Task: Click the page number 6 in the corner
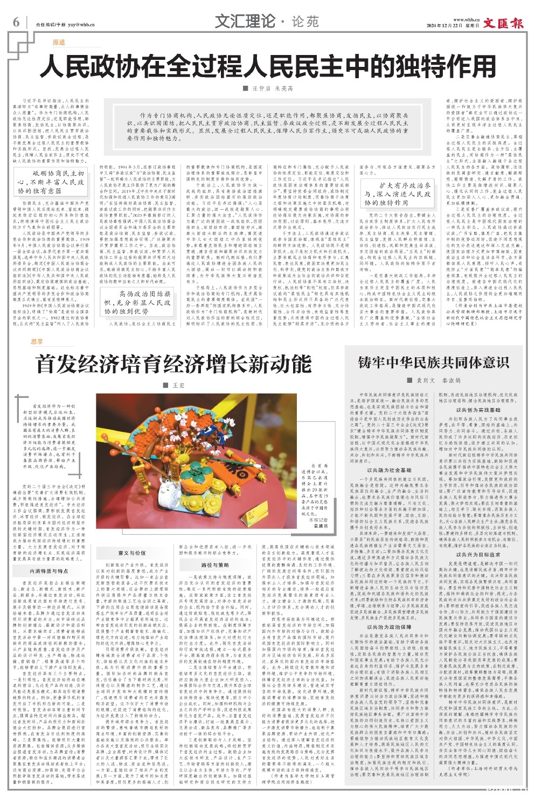tap(16, 22)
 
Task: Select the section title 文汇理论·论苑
tap(267, 22)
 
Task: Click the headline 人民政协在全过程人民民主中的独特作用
tap(268, 66)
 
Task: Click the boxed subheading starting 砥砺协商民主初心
tap(51, 182)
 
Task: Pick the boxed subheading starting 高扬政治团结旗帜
tap(137, 302)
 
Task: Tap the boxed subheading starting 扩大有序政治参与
tap(397, 194)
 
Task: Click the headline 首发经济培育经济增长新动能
tap(173, 364)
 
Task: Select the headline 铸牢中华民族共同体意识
tap(434, 362)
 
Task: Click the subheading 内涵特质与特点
tap(48, 571)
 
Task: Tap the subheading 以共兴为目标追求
tap(478, 554)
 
